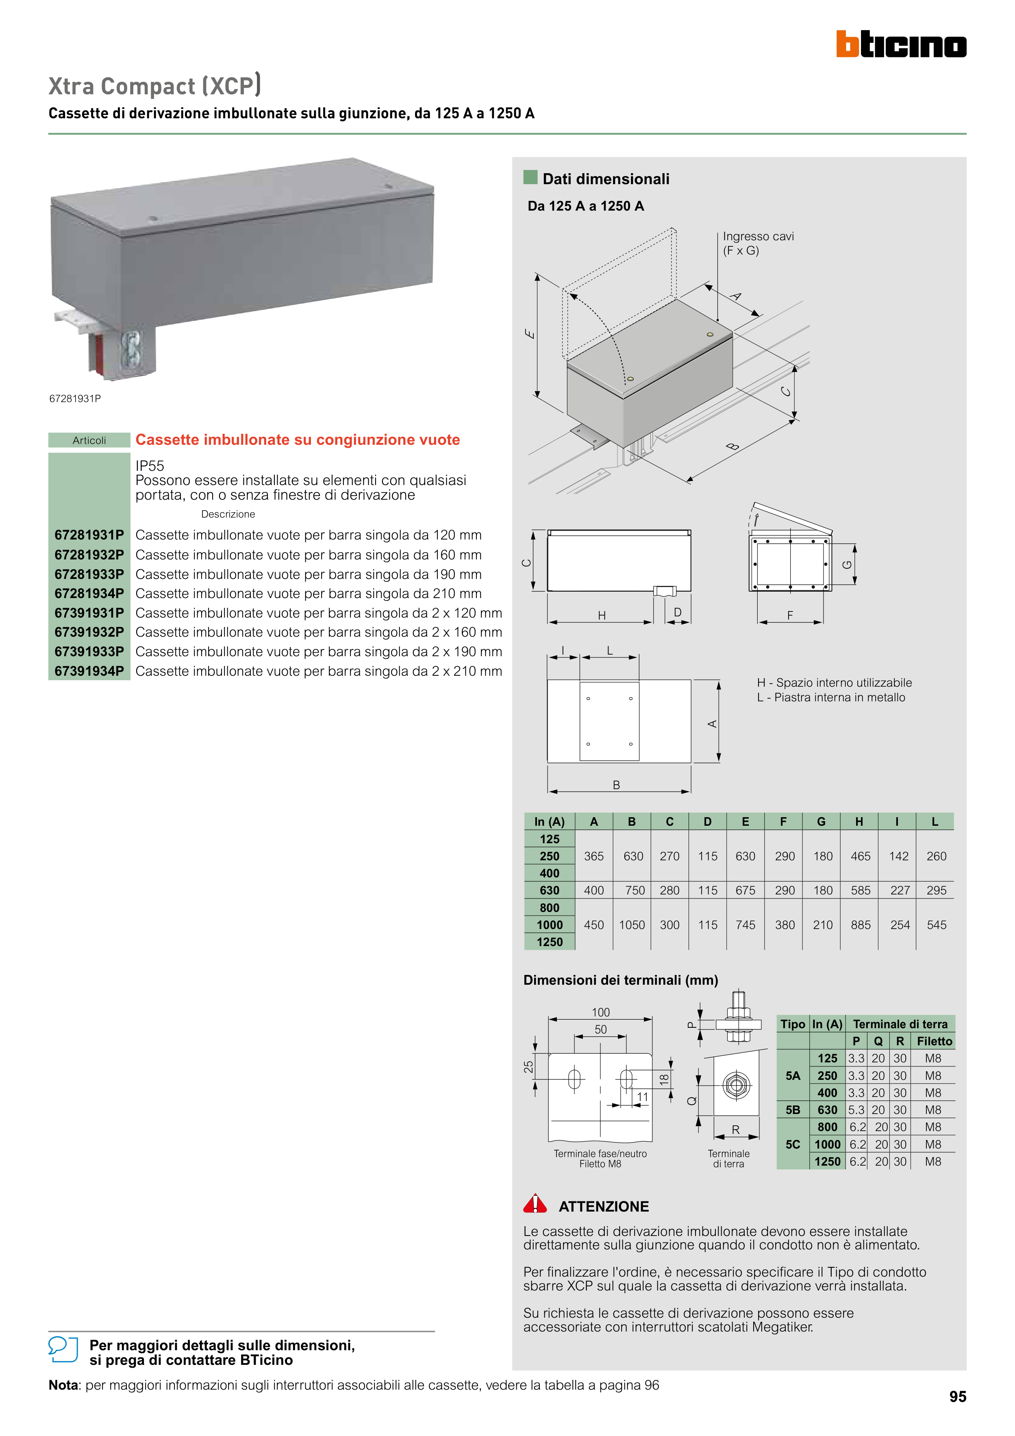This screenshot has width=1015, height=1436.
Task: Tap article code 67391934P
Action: point(89,671)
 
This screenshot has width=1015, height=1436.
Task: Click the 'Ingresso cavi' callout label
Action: point(758,236)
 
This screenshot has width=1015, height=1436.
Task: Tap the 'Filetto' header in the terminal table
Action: point(935,1041)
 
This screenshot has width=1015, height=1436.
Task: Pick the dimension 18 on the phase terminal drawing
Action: point(664,1078)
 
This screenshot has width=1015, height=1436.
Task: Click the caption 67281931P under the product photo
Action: point(75,398)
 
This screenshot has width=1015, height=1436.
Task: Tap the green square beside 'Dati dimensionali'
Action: point(530,178)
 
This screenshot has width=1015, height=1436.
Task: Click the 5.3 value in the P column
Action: point(856,1110)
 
